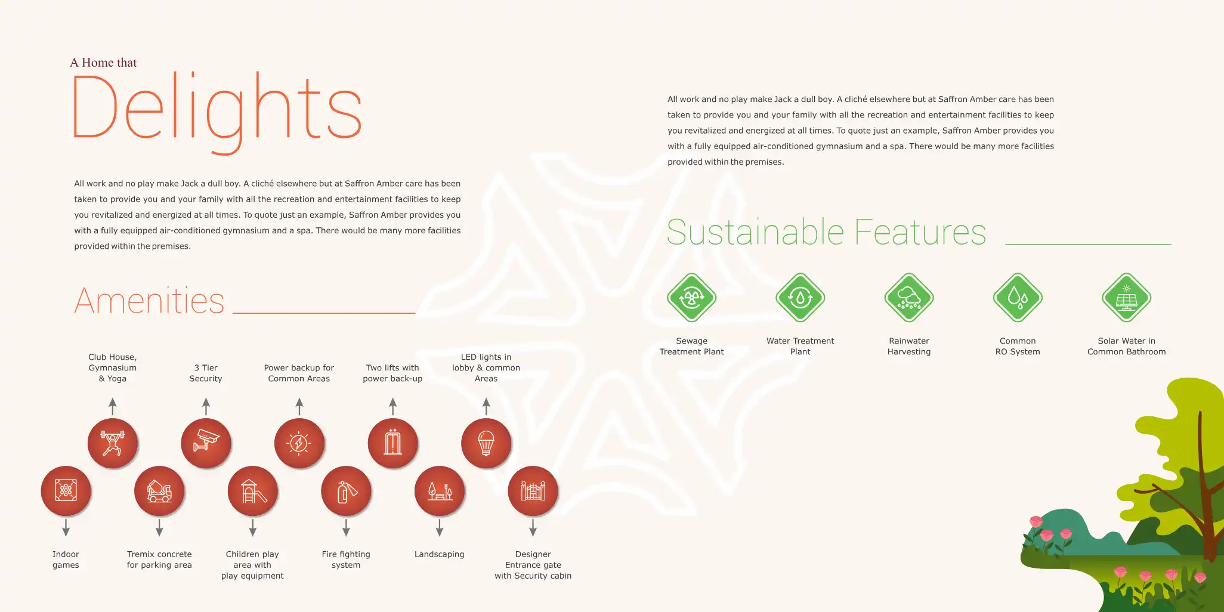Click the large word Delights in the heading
coord(217,112)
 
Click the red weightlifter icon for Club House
coord(113,443)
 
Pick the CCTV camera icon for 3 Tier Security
coord(206,443)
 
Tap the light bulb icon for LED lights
coord(486,443)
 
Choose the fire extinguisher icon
coord(346,491)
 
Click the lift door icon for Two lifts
coord(392,443)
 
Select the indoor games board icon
coord(66,491)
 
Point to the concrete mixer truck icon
coord(159,491)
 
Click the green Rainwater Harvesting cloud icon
coord(909,298)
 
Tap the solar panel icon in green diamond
coord(1126,298)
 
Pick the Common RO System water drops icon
coord(1018,298)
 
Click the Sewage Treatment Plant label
coord(692,347)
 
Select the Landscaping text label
coord(440,554)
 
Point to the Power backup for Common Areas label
coord(299,373)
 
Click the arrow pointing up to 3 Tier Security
coord(206,407)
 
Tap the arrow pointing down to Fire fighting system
coord(346,528)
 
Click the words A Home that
coord(103,63)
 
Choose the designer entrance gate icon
coord(533,491)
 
